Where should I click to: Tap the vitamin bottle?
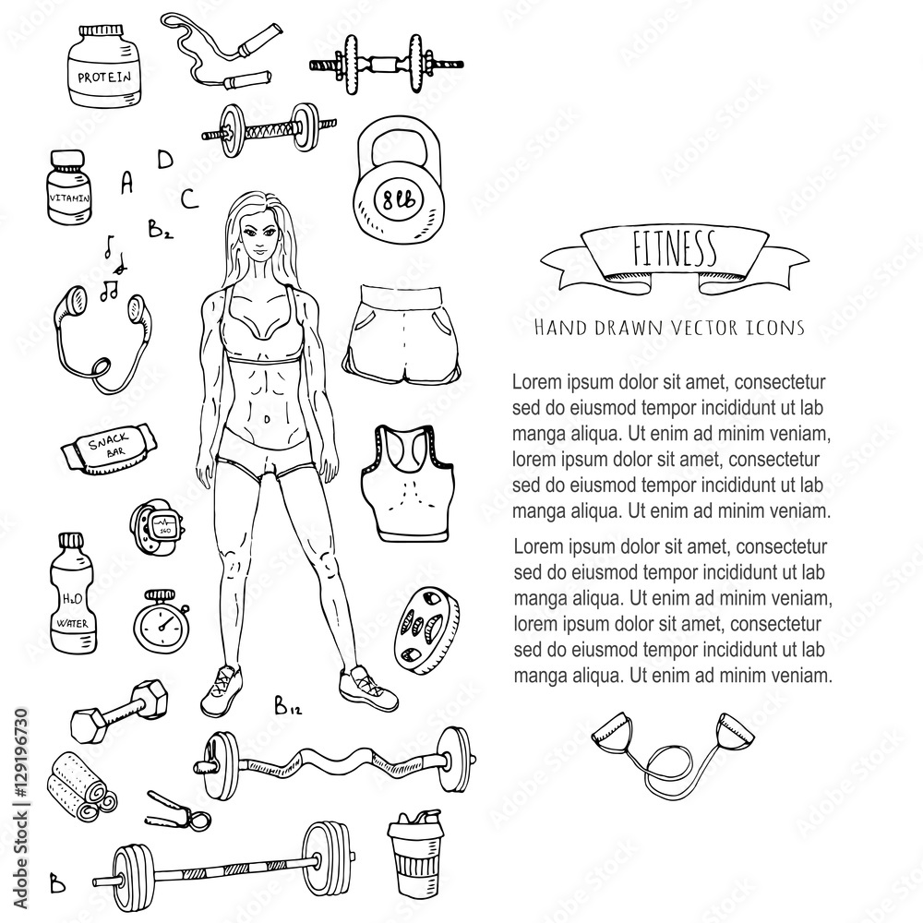point(69,189)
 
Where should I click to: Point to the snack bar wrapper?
point(108,450)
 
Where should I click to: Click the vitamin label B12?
point(288,709)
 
